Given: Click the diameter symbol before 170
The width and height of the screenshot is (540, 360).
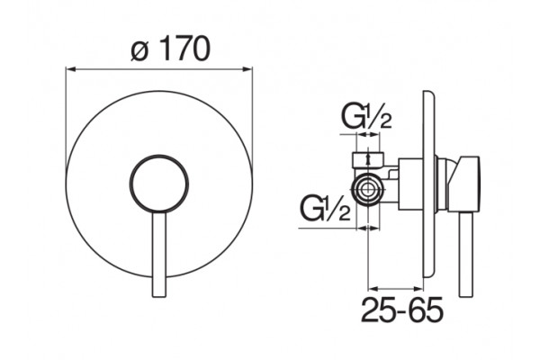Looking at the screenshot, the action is pyautogui.click(x=140, y=50).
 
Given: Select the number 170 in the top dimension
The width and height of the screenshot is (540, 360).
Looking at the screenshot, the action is pyautogui.click(x=184, y=49).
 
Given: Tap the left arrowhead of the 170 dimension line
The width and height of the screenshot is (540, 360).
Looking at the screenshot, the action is pyautogui.click(x=70, y=69).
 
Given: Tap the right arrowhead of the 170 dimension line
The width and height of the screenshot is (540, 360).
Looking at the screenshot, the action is pyautogui.click(x=248, y=69).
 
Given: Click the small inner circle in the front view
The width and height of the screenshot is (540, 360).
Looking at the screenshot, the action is pyautogui.click(x=159, y=183).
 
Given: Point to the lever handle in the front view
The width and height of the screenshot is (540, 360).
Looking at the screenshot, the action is pyautogui.click(x=159, y=254).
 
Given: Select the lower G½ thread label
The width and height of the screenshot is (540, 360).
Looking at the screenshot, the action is pyautogui.click(x=325, y=207).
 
